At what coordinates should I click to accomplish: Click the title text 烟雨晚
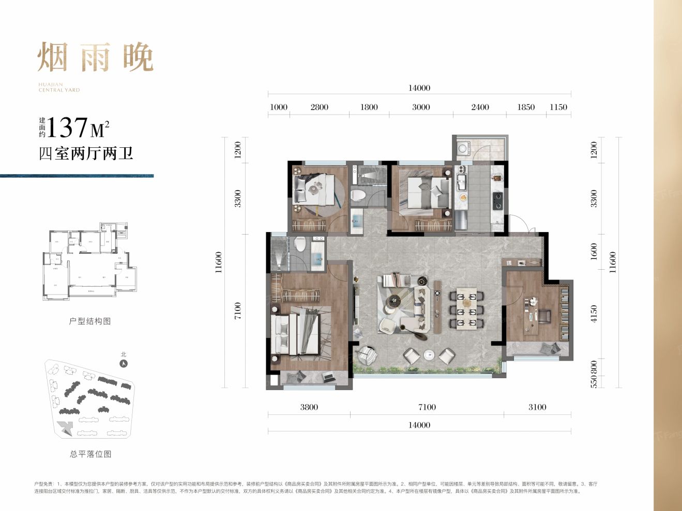96,57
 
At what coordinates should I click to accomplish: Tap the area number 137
67,127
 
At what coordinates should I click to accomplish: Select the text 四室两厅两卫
86,153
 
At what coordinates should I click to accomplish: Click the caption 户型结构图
90,321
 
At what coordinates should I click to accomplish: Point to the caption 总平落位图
90,454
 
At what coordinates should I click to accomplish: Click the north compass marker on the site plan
123,363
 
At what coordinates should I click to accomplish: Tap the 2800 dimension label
319,107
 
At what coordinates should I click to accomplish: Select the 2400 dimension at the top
479,107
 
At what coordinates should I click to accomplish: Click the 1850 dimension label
525,107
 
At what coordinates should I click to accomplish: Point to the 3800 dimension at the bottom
309,407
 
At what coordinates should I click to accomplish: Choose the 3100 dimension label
537,407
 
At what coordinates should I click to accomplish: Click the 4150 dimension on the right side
594,314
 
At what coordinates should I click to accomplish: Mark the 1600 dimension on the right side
594,251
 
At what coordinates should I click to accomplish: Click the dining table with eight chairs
466,310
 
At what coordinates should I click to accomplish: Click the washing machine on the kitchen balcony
462,149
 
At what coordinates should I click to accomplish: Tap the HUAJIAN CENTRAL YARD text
59,87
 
